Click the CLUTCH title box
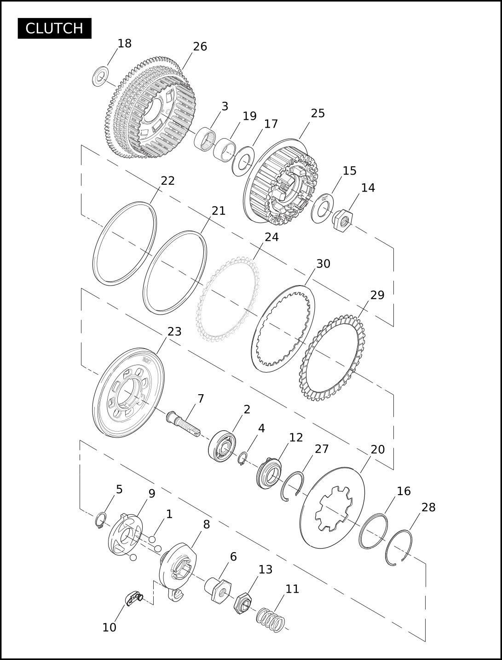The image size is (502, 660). click(54, 28)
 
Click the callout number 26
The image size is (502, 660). click(200, 47)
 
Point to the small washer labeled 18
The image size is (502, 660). click(100, 76)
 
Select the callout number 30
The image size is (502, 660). click(323, 264)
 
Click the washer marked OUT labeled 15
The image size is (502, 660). click(323, 208)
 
